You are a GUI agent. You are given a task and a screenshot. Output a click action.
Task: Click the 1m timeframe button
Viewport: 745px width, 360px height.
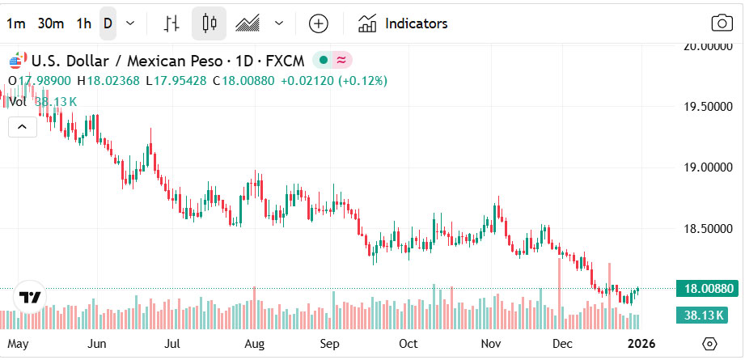[x=15, y=23]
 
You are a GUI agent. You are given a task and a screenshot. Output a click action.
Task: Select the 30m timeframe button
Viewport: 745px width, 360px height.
[x=50, y=23]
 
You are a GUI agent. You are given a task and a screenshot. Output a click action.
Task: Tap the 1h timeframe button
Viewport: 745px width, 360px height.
[x=83, y=23]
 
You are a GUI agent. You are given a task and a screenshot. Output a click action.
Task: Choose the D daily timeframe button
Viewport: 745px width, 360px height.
[x=107, y=23]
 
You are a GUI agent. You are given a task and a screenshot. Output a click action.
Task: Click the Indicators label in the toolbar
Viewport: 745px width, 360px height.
[x=416, y=23]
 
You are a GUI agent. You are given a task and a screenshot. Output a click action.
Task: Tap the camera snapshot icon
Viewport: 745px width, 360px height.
[x=720, y=23]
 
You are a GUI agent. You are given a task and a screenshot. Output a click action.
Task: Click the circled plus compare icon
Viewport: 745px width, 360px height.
[x=319, y=23]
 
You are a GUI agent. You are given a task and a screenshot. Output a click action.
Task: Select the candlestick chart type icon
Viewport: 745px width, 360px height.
[x=210, y=23]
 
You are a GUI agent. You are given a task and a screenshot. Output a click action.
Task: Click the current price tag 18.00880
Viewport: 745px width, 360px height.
[x=709, y=288]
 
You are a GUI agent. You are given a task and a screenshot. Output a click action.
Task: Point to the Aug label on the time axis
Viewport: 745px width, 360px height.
[x=255, y=344]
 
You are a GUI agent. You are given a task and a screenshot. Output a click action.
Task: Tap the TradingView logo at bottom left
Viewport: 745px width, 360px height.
[x=31, y=297]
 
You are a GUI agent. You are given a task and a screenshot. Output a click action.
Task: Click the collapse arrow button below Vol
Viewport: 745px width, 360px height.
[x=22, y=126]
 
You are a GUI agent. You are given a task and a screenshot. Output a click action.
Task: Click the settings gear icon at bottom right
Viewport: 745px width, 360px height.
[x=709, y=344]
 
